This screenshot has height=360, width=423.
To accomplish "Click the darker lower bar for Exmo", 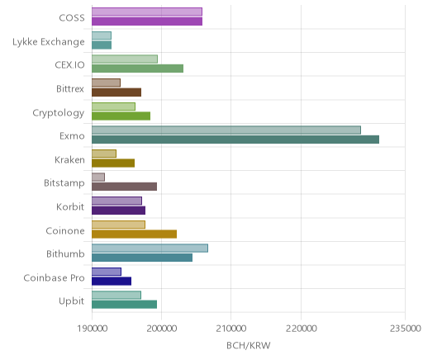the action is [235, 140].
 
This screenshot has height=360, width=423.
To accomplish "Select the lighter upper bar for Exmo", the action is [226, 130].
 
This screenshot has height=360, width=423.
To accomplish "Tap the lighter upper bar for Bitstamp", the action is [98, 178].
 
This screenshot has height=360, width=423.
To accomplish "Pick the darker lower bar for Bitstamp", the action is [125, 187].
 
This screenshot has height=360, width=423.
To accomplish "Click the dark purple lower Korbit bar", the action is [119, 211].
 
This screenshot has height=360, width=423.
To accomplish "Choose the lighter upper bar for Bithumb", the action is [150, 248].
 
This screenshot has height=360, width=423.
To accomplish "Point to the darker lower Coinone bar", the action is [135, 234].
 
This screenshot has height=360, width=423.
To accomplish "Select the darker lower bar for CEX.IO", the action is [138, 69].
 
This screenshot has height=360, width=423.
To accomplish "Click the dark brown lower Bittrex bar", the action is [116, 92].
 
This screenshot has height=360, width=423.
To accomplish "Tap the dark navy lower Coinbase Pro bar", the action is [112, 281].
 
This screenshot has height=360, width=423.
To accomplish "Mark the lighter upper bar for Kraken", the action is [104, 154].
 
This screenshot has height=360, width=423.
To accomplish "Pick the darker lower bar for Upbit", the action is [125, 305].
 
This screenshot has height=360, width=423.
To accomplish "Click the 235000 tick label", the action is [405, 329].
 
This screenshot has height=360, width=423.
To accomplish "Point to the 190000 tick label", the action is [92, 329].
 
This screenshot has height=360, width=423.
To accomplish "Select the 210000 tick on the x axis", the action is [231, 329].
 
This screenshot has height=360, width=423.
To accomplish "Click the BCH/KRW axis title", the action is [249, 345].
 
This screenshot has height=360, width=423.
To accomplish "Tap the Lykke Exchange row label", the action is [49, 42].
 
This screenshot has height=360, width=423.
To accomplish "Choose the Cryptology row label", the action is [59, 113].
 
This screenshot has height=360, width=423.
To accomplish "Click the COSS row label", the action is [72, 18].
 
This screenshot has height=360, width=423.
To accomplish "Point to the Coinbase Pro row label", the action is [54, 277].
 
